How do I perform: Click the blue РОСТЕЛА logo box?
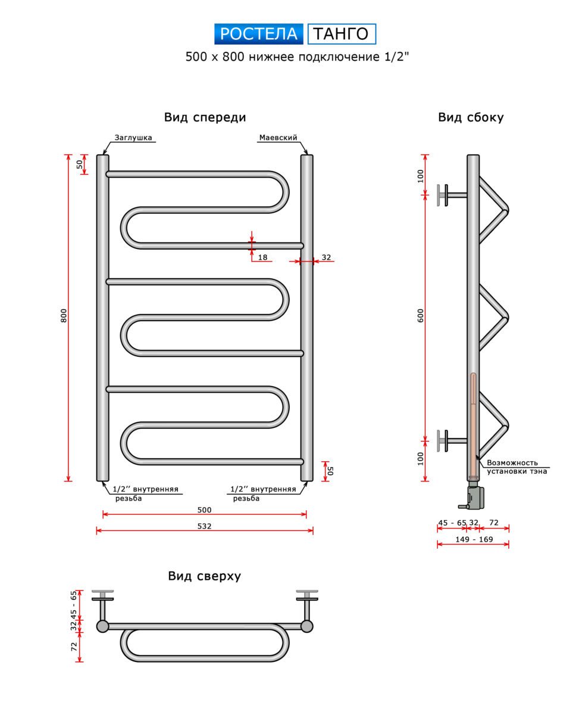(x=259, y=34)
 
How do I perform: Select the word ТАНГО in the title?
(x=342, y=34)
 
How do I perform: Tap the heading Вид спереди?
(x=205, y=117)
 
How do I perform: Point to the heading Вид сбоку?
(x=471, y=117)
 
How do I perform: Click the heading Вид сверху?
(x=204, y=576)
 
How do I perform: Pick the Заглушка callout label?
(x=134, y=138)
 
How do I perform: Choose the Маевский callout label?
(x=278, y=138)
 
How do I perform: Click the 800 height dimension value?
(x=64, y=316)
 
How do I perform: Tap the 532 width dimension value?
(x=204, y=526)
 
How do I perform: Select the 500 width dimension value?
(x=204, y=510)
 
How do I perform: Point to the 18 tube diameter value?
(x=263, y=257)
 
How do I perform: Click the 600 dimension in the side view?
(x=421, y=316)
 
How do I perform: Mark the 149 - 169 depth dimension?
(x=474, y=539)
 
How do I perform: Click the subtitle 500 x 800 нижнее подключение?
(x=298, y=57)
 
